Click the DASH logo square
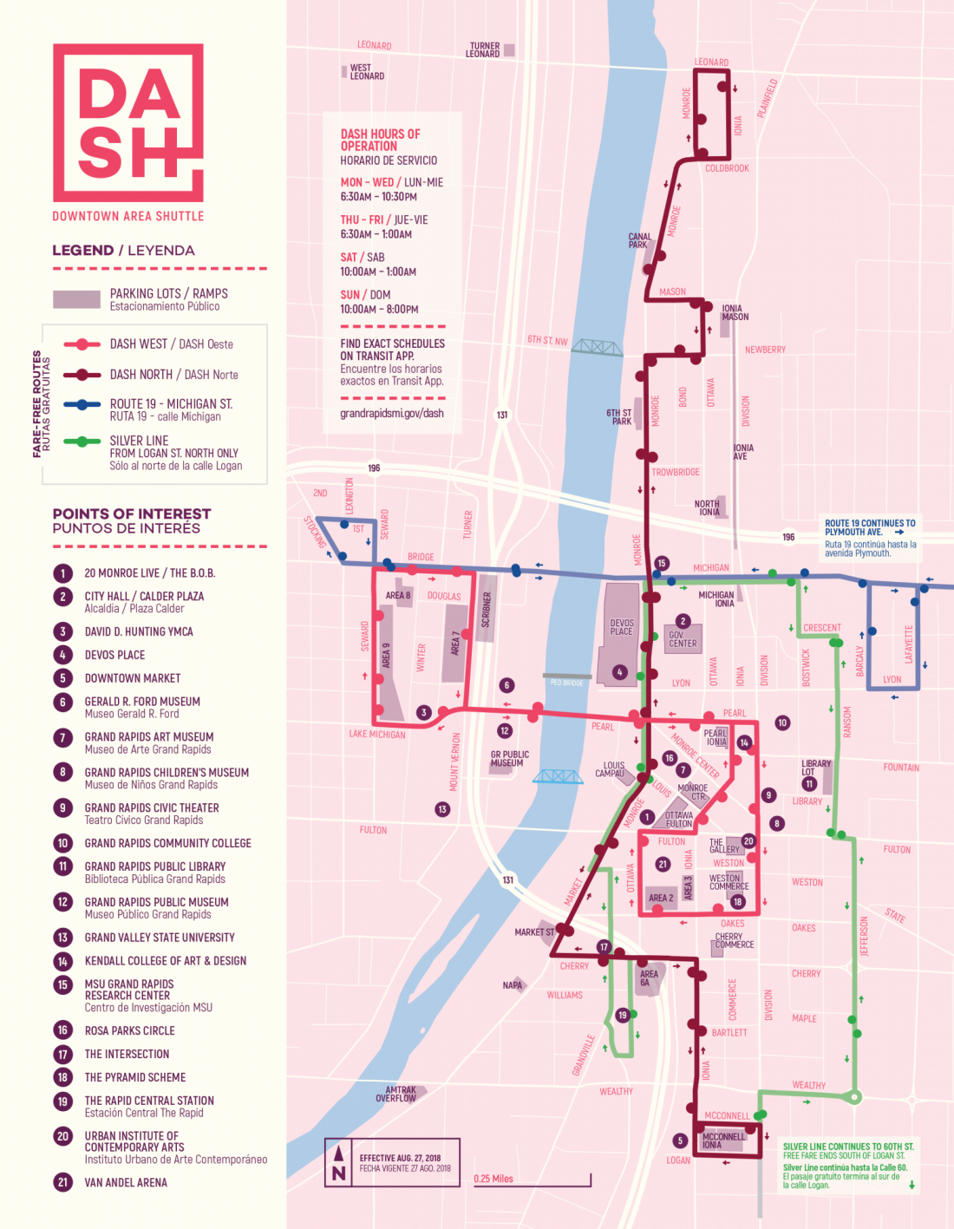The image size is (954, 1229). (x=128, y=122)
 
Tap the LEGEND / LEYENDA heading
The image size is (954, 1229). (x=123, y=251)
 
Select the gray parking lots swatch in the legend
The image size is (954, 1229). (x=76, y=299)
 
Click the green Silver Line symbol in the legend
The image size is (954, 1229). (x=82, y=441)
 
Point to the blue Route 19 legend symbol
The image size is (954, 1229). (x=82, y=404)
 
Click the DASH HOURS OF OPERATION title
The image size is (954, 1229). (x=380, y=141)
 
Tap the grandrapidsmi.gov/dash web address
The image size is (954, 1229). (x=391, y=414)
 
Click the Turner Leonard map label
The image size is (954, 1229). (x=484, y=49)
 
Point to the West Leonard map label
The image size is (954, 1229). (x=366, y=72)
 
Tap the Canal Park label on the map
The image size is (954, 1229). (x=639, y=240)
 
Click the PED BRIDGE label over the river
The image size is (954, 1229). (x=566, y=683)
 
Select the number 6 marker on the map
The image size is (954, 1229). (x=507, y=685)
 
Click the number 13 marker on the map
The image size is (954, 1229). (x=442, y=809)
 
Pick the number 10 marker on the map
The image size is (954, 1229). (x=782, y=722)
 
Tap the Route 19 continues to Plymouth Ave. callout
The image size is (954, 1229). (x=869, y=538)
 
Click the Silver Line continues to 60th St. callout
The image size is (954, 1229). (x=847, y=1165)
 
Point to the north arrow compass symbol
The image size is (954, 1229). (x=339, y=1163)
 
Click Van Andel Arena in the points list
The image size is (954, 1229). (x=126, y=1182)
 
